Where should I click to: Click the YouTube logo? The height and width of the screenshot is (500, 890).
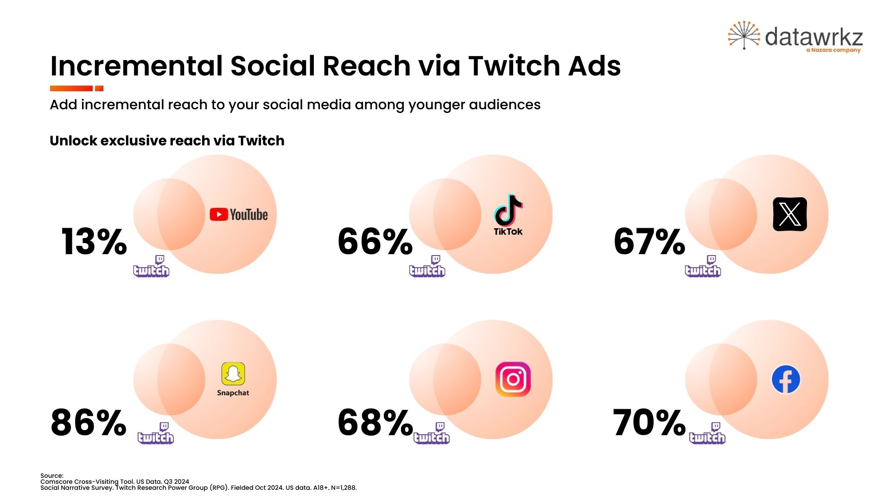point(239,214)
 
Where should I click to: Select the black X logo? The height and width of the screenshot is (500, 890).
point(790,214)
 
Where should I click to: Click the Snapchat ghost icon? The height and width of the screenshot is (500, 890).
point(233,374)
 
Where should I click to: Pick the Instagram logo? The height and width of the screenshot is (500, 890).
point(513,379)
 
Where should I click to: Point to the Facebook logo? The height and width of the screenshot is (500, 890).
point(786,380)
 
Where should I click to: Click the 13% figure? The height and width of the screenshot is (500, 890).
point(94,242)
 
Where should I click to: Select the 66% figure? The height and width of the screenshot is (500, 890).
point(375,242)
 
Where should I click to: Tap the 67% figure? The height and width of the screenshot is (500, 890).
point(649,242)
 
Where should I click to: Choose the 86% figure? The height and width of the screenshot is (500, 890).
point(89,423)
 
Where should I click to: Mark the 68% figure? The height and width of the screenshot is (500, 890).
point(375,423)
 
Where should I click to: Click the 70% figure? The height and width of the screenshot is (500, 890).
point(649,423)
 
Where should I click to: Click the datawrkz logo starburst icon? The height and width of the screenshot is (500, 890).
point(744,35)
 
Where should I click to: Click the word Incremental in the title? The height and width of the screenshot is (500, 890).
point(137,66)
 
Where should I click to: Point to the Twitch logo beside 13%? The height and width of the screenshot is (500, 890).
point(152,267)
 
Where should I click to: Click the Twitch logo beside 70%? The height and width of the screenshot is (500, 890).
point(707,434)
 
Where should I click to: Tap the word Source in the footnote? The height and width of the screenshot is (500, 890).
point(51,475)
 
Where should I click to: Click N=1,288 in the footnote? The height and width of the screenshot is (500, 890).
point(343,487)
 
